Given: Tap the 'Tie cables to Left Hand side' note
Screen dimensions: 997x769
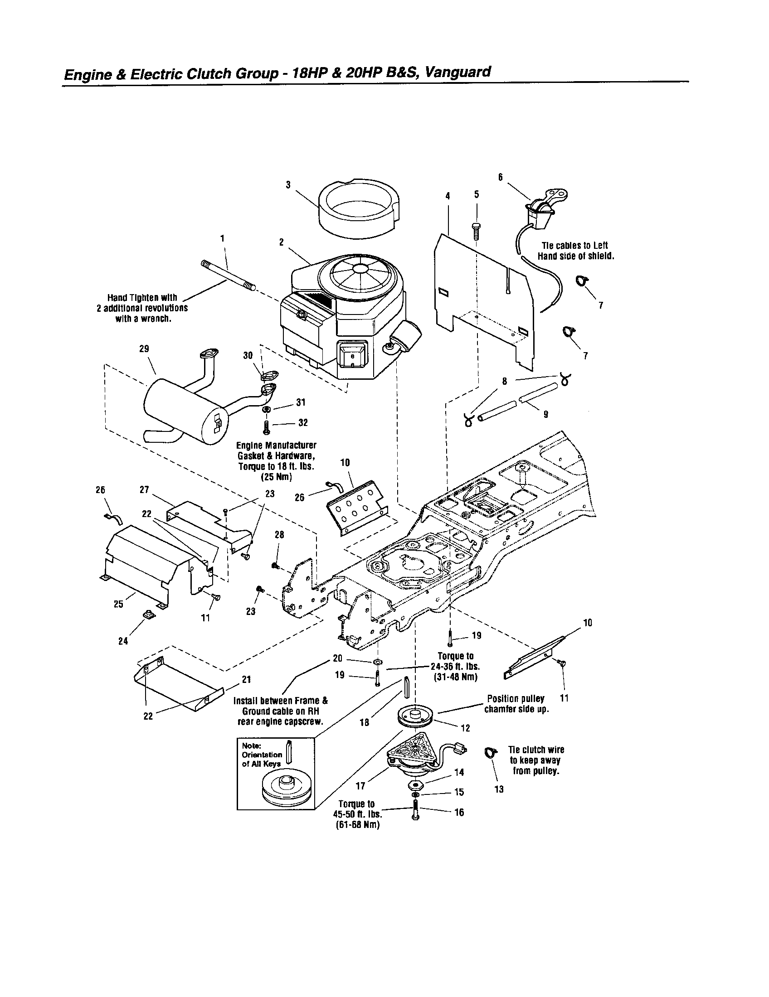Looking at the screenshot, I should point(575,251).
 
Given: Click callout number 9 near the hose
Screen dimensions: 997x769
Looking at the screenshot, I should point(546,414).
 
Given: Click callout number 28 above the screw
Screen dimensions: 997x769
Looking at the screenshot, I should point(279,535).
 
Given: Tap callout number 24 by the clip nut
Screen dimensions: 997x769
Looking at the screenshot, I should point(123,641).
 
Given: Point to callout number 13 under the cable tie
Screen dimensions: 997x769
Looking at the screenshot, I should point(499,789).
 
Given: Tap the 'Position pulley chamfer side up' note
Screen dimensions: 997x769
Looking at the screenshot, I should point(516,704).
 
